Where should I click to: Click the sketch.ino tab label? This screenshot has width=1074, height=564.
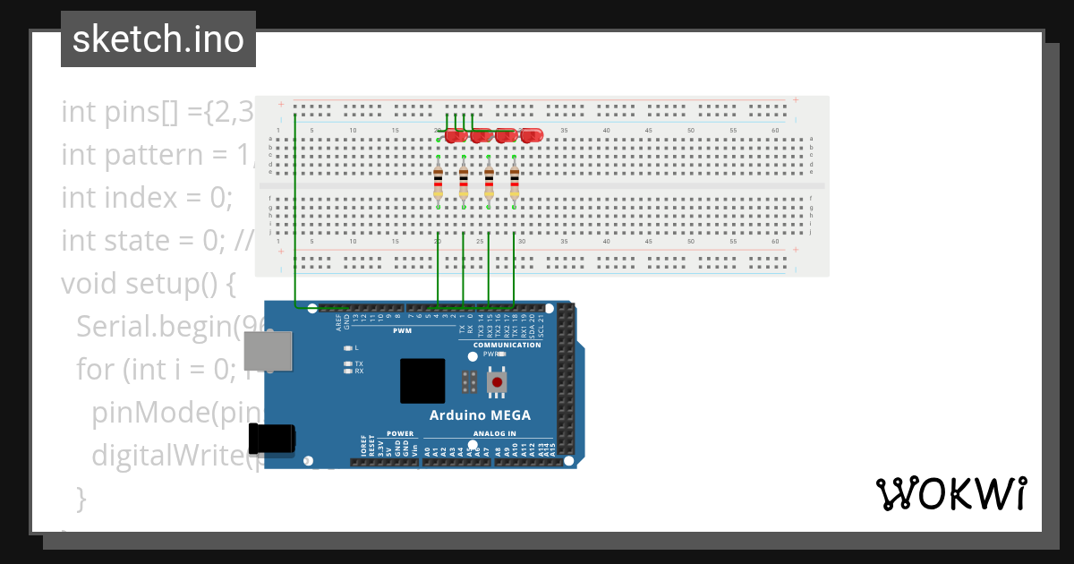pos(158,39)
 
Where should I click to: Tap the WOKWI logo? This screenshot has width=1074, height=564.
pos(950,493)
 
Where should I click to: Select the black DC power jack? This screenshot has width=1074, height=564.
pos(272,440)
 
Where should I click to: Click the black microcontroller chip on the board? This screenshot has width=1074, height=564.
pos(422,380)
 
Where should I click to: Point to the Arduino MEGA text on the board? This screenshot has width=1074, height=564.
pos(480,415)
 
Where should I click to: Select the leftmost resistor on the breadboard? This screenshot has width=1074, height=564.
pos(438,182)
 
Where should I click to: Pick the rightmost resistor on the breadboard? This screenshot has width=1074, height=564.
pos(515,182)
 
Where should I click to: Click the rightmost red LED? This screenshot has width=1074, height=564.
pos(532,135)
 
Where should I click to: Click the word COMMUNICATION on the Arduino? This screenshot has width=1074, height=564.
pos(507,345)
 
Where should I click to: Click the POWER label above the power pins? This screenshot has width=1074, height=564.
pos(400,433)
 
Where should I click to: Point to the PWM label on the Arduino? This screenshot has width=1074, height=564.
pos(402,330)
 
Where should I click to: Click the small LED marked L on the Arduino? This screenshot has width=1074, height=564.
pos(348,347)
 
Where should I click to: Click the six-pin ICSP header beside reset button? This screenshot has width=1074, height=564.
pos(467,381)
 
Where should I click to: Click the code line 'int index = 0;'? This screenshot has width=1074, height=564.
pos(147,198)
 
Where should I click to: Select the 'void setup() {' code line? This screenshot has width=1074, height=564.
pos(148,284)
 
